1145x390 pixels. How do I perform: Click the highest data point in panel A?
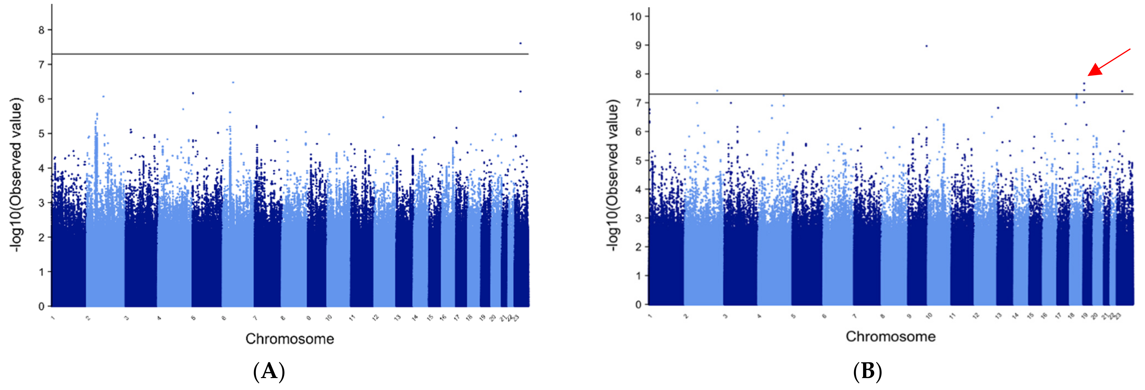(x=520, y=43)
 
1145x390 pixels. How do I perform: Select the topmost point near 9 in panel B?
(x=926, y=46)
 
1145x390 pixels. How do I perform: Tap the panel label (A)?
(x=269, y=371)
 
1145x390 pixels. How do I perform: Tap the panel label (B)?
(x=867, y=371)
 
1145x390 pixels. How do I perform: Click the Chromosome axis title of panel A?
(x=289, y=339)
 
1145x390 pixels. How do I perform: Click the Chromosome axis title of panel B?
(x=890, y=336)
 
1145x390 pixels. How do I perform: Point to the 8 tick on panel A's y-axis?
(x=42, y=30)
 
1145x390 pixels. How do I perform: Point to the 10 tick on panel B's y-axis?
(x=636, y=16)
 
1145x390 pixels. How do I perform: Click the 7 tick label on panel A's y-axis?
(x=42, y=65)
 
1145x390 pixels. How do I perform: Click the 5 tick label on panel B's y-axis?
(x=638, y=161)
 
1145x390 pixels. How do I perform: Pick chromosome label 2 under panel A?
(x=88, y=318)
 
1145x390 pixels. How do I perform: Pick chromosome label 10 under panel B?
(x=928, y=316)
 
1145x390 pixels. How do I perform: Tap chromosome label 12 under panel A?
(x=376, y=318)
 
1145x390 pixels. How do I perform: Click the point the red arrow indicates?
(x=1084, y=83)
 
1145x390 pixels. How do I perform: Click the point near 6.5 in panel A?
(x=233, y=82)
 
